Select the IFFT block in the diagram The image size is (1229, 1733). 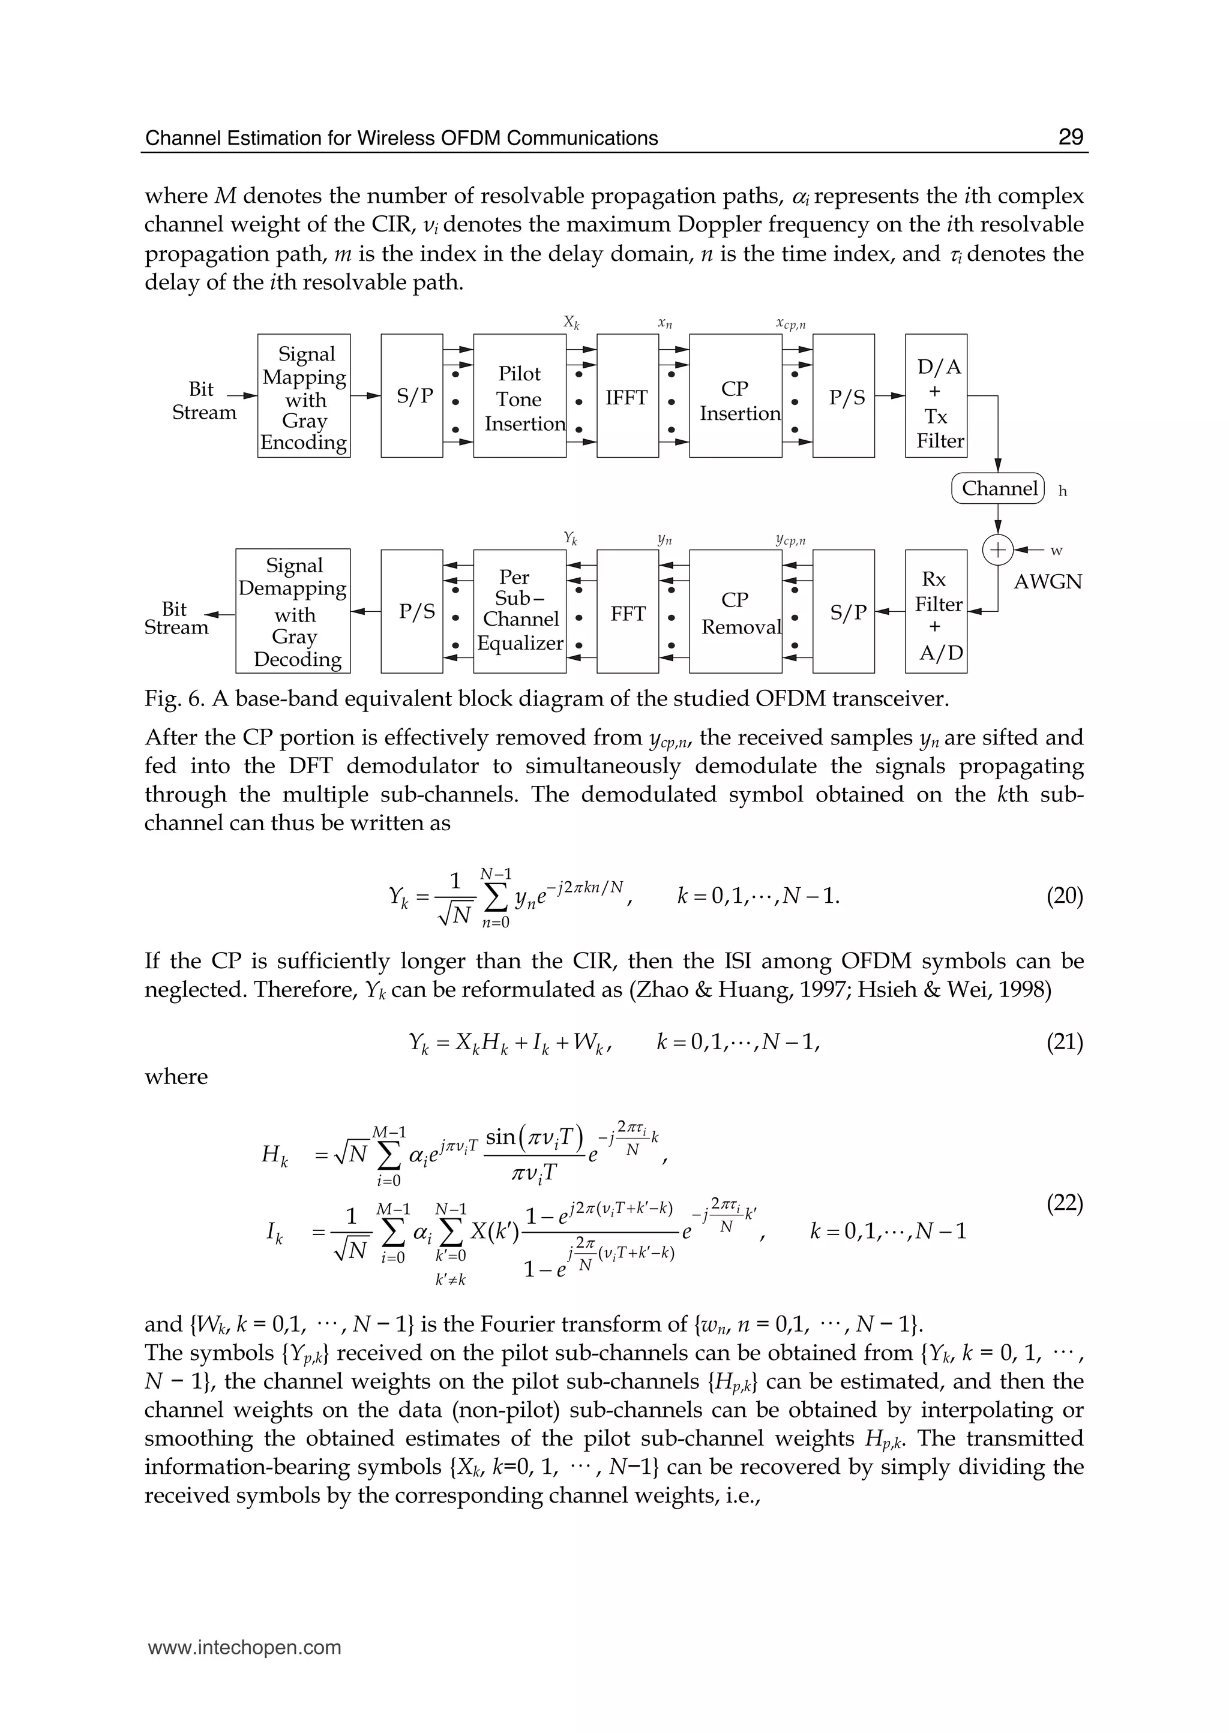(x=627, y=397)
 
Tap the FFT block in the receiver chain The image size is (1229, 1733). (x=627, y=612)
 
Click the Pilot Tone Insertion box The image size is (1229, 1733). (x=520, y=397)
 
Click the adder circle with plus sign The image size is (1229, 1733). (x=997, y=550)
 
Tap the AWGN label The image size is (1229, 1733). (x=1047, y=582)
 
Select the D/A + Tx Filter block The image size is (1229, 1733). (x=936, y=397)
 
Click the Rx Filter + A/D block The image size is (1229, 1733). (x=936, y=612)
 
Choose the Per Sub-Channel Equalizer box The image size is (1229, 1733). (x=520, y=612)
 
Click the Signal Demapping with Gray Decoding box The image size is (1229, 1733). (x=293, y=612)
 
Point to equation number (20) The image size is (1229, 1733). (x=1064, y=897)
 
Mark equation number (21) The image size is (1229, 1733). (x=1064, y=1043)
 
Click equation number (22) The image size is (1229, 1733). (x=1064, y=1203)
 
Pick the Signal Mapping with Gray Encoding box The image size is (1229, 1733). (x=304, y=397)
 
